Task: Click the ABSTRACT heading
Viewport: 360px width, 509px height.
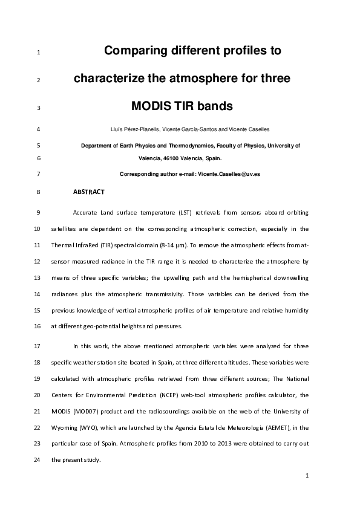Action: tap(88, 192)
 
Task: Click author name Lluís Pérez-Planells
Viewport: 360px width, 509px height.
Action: tap(126, 129)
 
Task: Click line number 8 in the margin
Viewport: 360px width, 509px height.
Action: tap(38, 192)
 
